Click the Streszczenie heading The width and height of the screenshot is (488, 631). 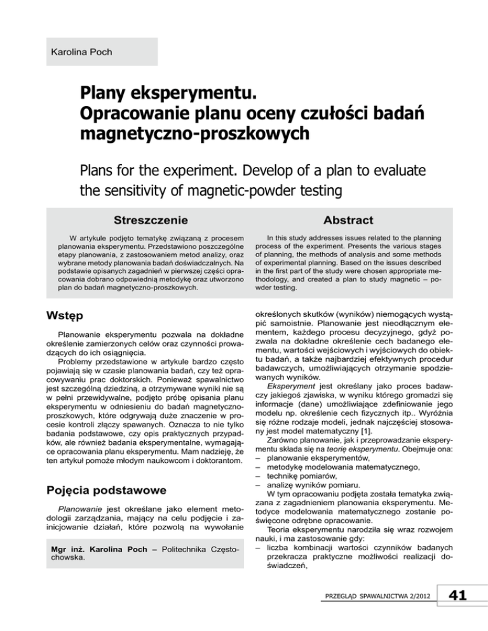pyautogui.click(x=150, y=220)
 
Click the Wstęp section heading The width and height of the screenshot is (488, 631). pyautogui.click(x=61, y=316)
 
